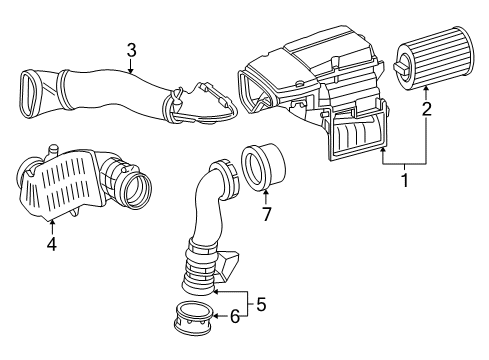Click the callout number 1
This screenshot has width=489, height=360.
click(x=405, y=180)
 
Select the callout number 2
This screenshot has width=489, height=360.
click(x=426, y=109)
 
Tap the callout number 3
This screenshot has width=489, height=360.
click(x=131, y=50)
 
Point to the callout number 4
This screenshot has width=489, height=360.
click(x=52, y=244)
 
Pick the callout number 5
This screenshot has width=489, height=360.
click(x=261, y=304)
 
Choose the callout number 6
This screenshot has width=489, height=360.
click(x=235, y=316)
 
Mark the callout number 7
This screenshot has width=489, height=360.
click(x=266, y=214)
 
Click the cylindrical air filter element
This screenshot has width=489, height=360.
click(x=433, y=58)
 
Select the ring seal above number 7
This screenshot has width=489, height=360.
click(x=264, y=167)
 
